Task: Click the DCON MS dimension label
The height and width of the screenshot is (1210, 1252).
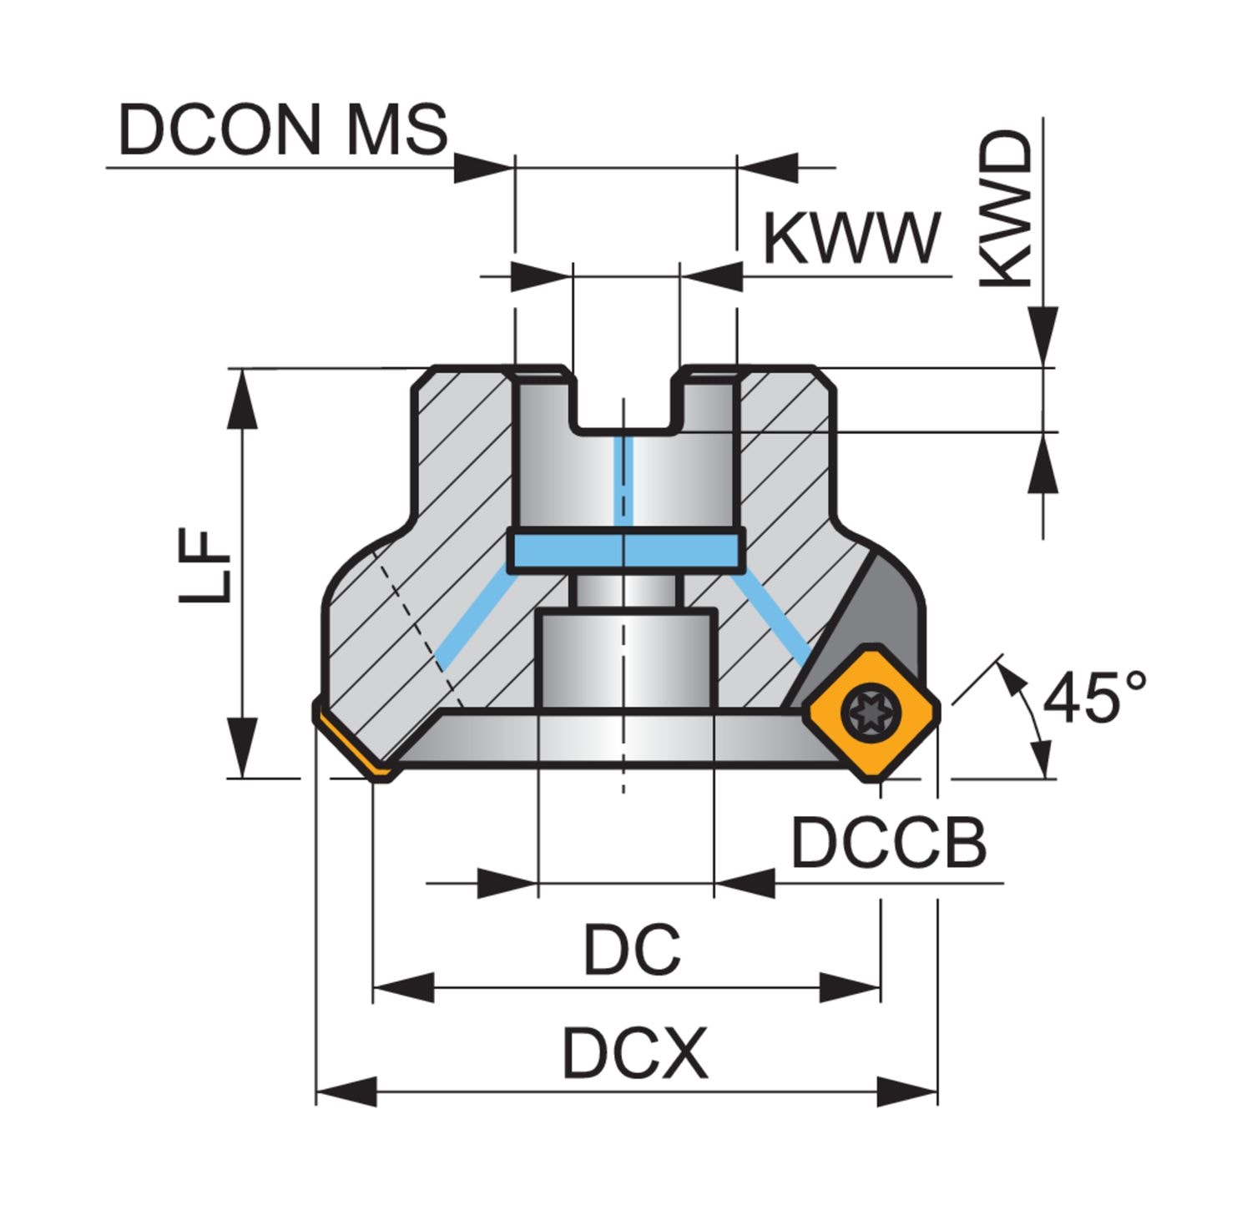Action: (282, 130)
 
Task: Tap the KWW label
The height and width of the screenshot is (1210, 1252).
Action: (851, 238)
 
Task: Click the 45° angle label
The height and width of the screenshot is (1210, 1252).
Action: (1094, 698)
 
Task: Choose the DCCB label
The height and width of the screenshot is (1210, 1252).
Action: (888, 842)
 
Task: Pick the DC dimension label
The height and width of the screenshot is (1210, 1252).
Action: (632, 950)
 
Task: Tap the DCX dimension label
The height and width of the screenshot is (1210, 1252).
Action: (634, 1053)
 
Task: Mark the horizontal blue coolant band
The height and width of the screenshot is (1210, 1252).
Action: (626, 550)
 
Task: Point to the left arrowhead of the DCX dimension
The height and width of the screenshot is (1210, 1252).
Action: (346, 1091)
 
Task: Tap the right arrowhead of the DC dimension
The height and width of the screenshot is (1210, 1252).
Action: (851, 988)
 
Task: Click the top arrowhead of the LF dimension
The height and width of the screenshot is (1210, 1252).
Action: (242, 396)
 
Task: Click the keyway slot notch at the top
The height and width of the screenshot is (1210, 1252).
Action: (626, 401)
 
